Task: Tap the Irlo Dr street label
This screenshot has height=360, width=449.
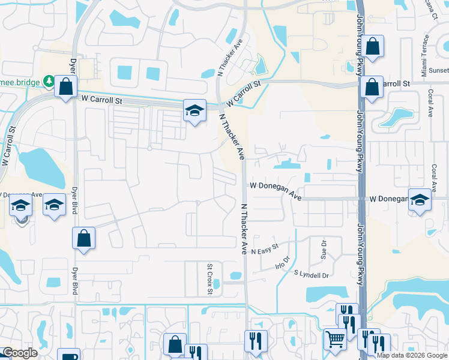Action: (282, 262)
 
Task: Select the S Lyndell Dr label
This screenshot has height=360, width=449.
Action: (312, 275)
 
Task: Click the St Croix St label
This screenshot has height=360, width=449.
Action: (210, 279)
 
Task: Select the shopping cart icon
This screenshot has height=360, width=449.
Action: (335, 339)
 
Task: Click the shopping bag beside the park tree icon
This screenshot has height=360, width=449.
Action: (65, 86)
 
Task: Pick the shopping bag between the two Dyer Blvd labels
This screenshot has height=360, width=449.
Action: (84, 238)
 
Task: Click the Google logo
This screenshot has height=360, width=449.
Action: (20, 353)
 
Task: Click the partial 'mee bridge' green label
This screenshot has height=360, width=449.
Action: (20, 82)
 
